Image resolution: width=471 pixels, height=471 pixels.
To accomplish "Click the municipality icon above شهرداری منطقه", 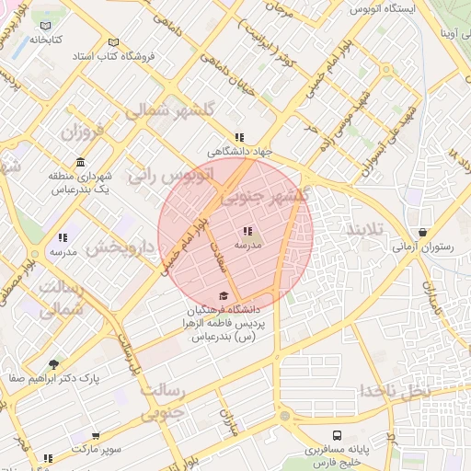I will click(80, 162).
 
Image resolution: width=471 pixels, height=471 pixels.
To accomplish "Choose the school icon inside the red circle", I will click(247, 231).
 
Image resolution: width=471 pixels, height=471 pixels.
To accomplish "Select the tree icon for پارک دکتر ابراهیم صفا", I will click(53, 364).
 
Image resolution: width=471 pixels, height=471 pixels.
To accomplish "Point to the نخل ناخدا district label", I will click(396, 390).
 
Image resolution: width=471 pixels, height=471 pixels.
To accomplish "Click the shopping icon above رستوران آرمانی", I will click(422, 233).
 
